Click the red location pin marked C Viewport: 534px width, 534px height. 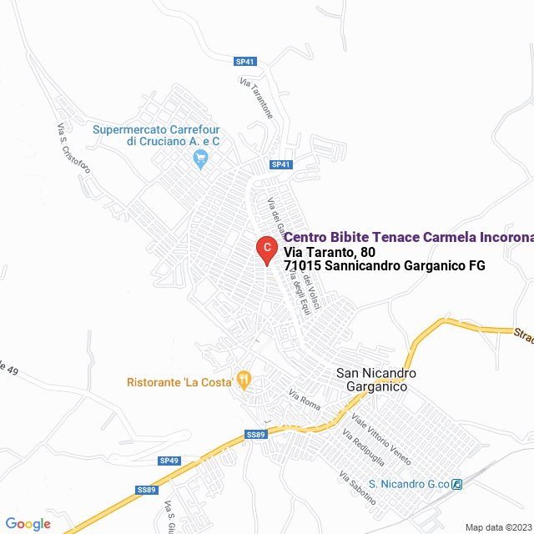266,249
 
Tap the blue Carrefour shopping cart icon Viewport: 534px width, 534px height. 200,162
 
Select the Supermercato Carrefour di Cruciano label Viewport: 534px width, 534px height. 156,136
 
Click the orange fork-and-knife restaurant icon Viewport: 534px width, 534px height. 244,380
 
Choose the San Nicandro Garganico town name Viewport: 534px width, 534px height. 375,380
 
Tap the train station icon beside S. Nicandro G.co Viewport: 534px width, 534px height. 457,484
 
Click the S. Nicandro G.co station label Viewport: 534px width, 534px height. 409,484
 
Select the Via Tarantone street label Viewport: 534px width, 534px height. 256,99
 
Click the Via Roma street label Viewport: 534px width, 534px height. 305,399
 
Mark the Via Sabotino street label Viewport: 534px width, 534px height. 357,488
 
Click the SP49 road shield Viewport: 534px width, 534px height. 169,461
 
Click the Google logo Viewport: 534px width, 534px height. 28,524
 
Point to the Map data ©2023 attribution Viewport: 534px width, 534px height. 496,527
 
